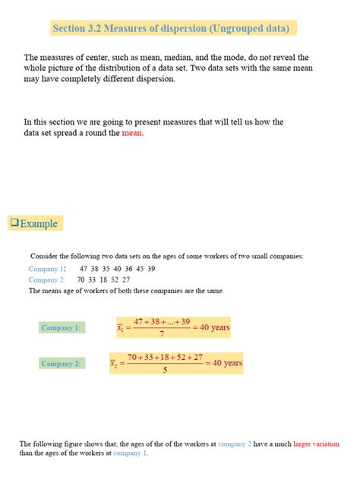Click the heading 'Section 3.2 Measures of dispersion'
[170, 29]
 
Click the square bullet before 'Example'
[13, 223]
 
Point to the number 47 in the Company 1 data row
[84, 269]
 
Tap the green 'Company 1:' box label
[61, 327]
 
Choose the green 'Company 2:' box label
[61, 364]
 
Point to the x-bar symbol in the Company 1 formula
[120, 328]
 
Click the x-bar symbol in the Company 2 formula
[114, 365]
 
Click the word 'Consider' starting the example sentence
[43, 257]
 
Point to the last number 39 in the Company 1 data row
[151, 269]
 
